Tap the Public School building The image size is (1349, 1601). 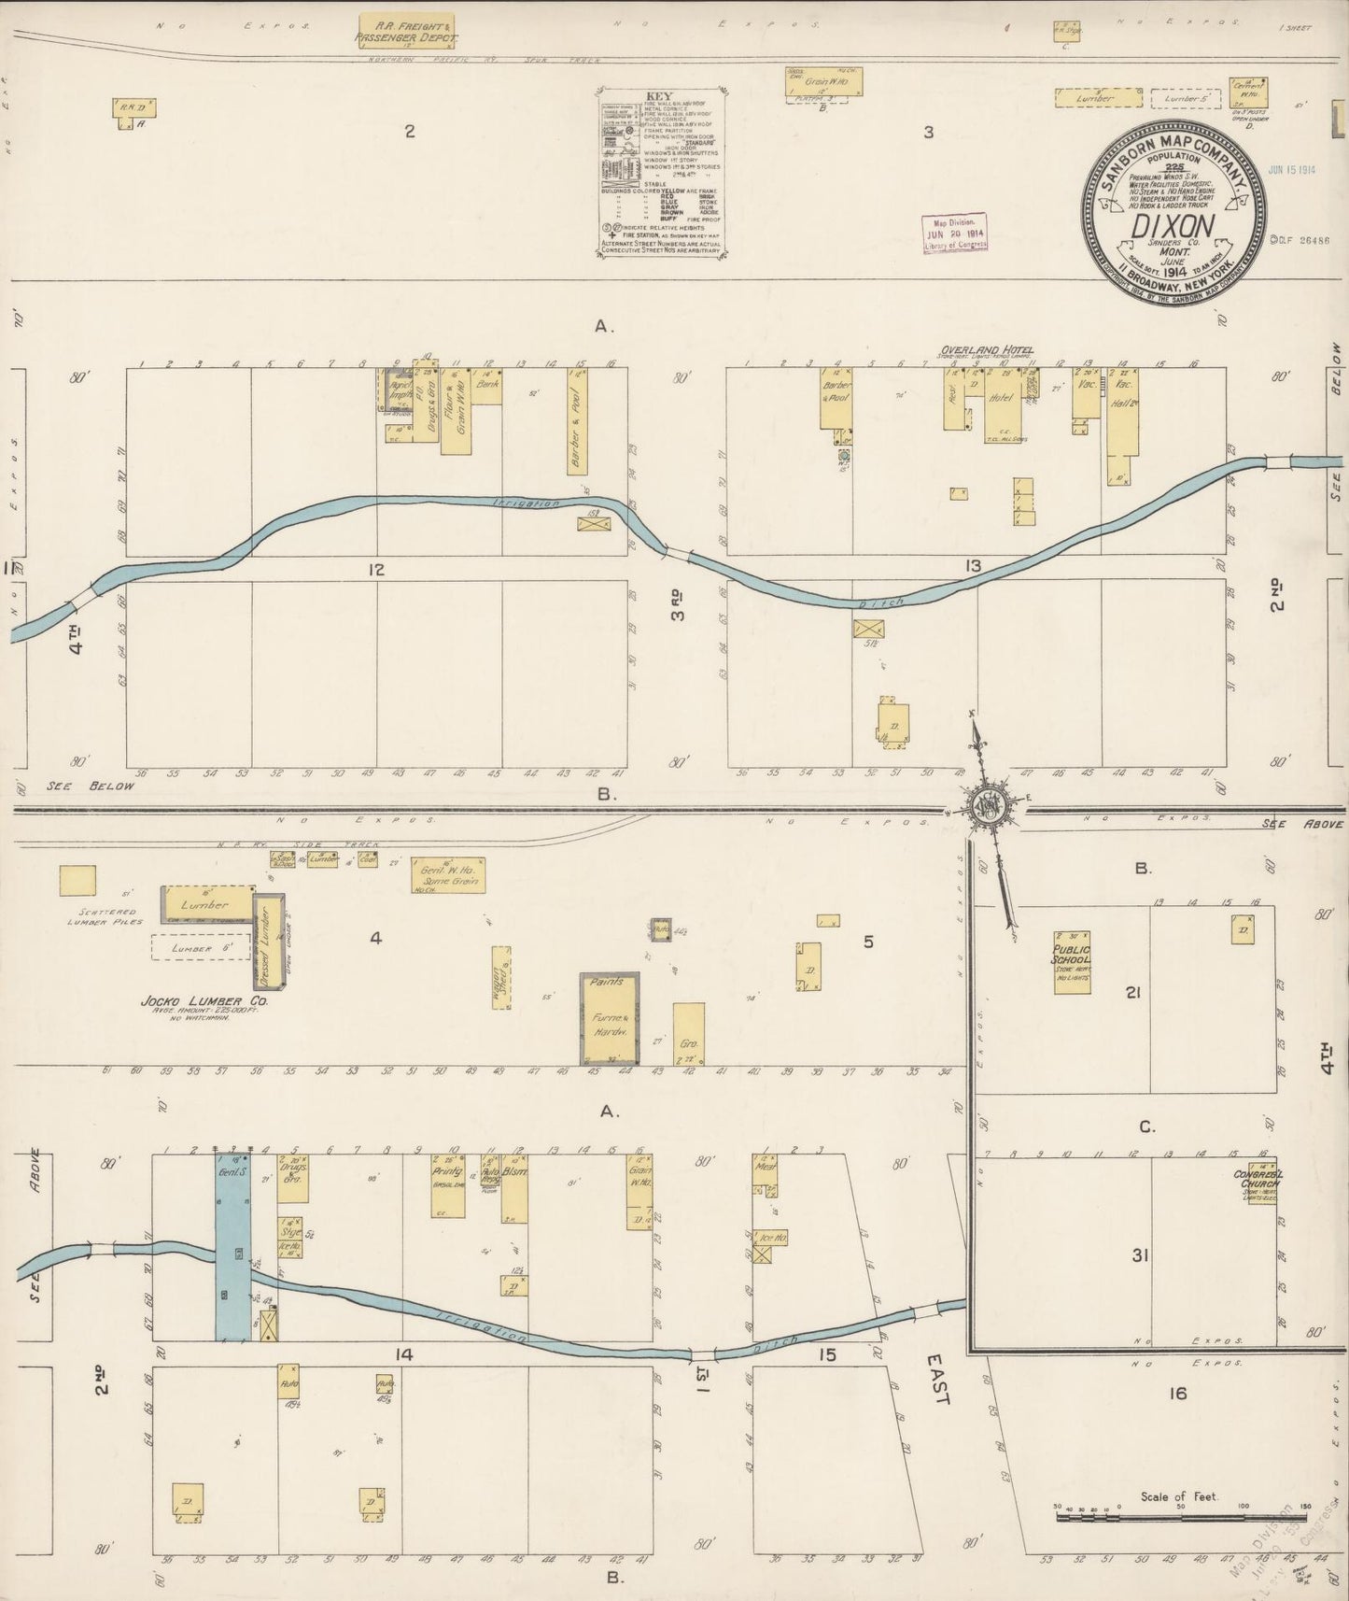point(1073,962)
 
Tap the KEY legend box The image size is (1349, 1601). point(662,174)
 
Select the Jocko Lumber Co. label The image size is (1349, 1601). point(191,1001)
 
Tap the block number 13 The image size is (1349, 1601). point(974,565)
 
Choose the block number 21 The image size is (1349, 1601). point(1133,992)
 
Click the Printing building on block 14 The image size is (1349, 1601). point(447,1187)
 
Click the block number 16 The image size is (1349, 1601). point(1177,1394)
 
